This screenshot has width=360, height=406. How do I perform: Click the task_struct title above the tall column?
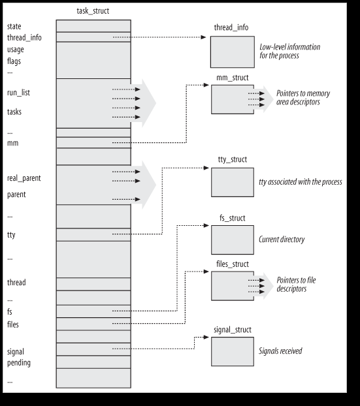click(93, 11)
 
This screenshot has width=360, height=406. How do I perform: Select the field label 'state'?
click(14, 26)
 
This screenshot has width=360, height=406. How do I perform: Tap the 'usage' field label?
click(16, 50)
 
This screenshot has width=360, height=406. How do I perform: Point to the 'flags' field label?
click(14, 61)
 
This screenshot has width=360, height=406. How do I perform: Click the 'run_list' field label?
click(18, 93)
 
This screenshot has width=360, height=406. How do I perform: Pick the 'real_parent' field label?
click(24, 178)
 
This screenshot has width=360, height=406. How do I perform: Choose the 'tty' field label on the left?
click(11, 235)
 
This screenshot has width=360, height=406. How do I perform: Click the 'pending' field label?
click(19, 363)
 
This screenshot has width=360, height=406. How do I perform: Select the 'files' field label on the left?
click(13, 324)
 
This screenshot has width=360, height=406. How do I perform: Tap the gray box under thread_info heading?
click(232, 52)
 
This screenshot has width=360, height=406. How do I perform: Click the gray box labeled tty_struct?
click(232, 182)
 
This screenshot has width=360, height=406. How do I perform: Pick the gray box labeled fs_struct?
click(232, 240)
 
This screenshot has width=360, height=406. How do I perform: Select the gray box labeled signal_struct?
click(232, 351)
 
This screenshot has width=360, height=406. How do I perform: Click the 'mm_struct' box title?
click(232, 78)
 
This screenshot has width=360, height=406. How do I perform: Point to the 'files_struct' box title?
click(232, 264)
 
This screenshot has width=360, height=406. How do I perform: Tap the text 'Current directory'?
click(282, 240)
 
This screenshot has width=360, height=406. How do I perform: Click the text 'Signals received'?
click(280, 351)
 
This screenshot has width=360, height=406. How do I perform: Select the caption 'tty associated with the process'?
click(301, 182)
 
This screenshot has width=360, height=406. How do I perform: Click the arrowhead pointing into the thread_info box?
click(203, 37)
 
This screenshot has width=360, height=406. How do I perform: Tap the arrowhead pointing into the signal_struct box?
click(206, 337)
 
